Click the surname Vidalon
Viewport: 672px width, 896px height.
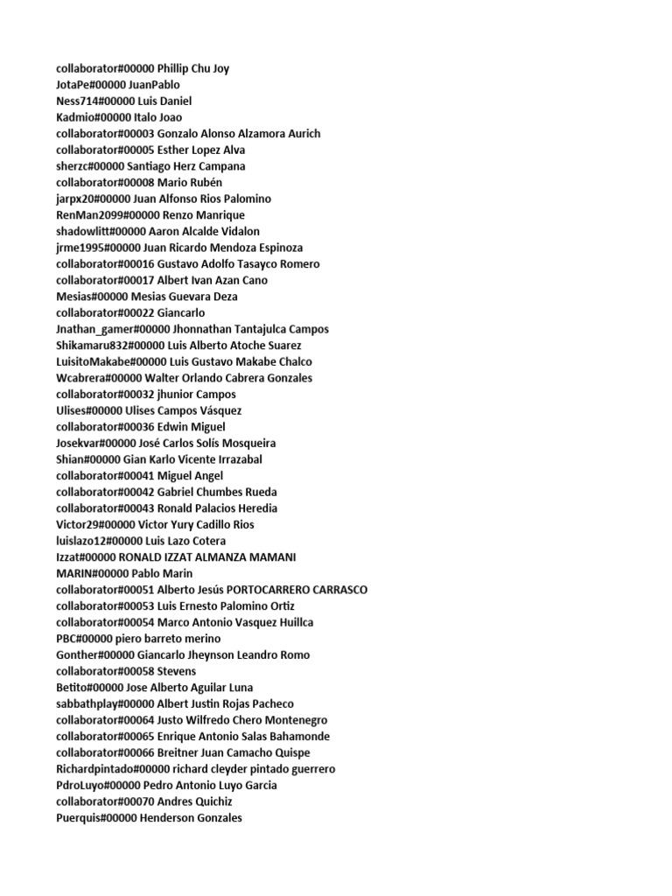tap(232, 232)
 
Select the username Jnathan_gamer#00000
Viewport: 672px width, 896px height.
tap(113, 330)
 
